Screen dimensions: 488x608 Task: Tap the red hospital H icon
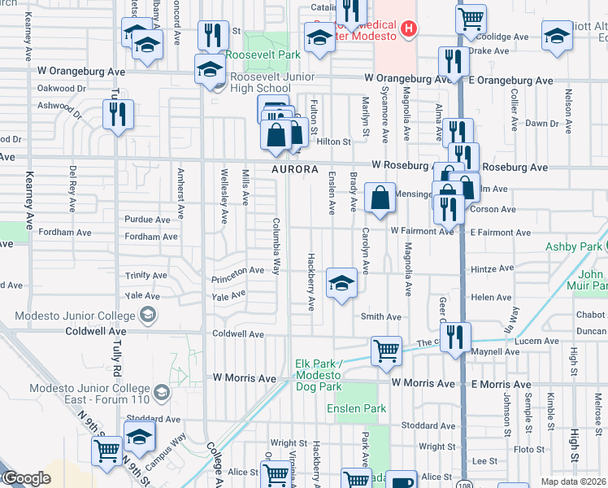point(409,30)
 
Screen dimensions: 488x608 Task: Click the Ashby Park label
point(574,246)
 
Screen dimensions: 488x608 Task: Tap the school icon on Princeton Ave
point(341,283)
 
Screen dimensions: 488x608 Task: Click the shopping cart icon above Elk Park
point(386,351)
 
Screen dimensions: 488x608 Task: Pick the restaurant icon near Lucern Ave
point(456,334)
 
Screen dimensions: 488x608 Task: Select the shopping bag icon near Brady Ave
point(380,197)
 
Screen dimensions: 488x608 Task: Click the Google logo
point(26,478)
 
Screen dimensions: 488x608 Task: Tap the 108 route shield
point(463,483)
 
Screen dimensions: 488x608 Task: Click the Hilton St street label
point(332,141)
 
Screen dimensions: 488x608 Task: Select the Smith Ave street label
point(381,316)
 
